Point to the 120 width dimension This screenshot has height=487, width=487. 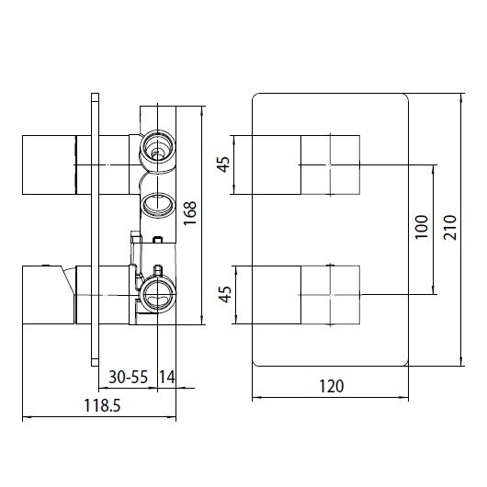[332, 386]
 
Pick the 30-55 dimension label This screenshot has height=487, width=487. [129, 378]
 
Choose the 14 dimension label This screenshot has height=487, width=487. [167, 378]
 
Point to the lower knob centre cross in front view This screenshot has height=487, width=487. [327, 294]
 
